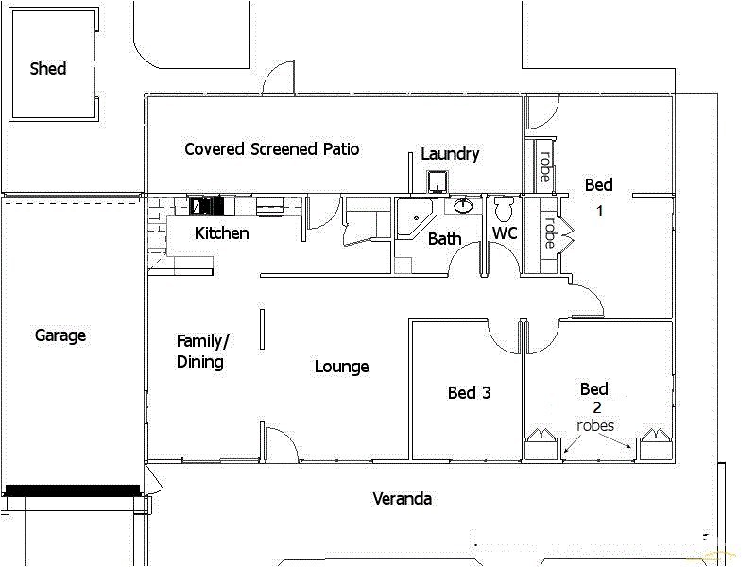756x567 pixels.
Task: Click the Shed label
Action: pyautogui.click(x=48, y=68)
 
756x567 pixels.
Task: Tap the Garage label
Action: pyautogui.click(x=60, y=335)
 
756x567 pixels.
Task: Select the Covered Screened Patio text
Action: pyautogui.click(x=271, y=149)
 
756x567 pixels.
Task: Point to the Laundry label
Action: pyautogui.click(x=450, y=154)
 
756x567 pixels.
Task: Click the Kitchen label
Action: pyautogui.click(x=222, y=233)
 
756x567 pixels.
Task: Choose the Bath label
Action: pyautogui.click(x=445, y=239)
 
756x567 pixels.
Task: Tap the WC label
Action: pyautogui.click(x=505, y=232)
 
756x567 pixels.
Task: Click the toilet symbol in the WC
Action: pyautogui.click(x=503, y=207)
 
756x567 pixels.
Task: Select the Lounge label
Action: pyautogui.click(x=341, y=367)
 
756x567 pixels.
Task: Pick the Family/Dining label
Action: pyautogui.click(x=203, y=351)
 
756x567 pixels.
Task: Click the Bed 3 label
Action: pyautogui.click(x=470, y=393)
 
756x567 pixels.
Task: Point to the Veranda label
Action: pyautogui.click(x=402, y=499)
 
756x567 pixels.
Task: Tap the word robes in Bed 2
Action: pyautogui.click(x=595, y=426)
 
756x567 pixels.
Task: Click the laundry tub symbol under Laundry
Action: pyautogui.click(x=438, y=180)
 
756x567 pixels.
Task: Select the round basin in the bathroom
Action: pyautogui.click(x=463, y=205)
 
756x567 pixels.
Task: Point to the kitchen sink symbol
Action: pyautogui.click(x=270, y=204)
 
